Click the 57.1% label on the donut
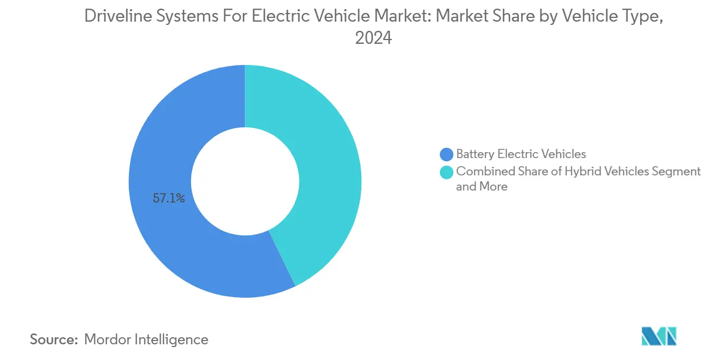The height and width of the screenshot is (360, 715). (169, 199)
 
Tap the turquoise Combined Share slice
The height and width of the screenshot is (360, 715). (325, 162)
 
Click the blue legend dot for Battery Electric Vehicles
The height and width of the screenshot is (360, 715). (447, 154)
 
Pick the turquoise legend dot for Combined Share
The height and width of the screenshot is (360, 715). (447, 172)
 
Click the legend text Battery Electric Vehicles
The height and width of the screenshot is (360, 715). (521, 154)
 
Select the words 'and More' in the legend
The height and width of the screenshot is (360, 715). (482, 187)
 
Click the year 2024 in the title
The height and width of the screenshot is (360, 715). (373, 38)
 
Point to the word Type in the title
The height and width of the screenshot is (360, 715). (642, 17)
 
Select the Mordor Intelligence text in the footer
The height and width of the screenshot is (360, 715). (146, 340)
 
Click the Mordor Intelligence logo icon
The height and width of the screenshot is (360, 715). (659, 337)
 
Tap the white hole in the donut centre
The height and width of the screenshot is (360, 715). (245, 181)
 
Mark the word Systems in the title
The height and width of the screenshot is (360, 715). (181, 17)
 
